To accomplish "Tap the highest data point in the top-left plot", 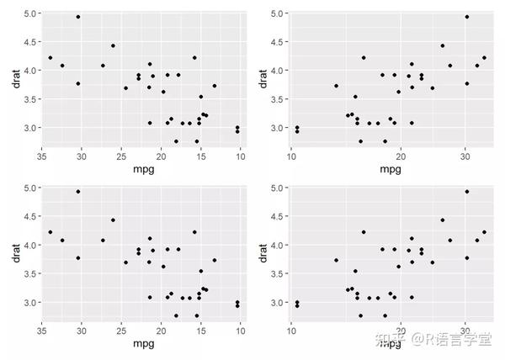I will pos(78,17).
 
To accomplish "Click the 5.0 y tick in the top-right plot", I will pos(275,13).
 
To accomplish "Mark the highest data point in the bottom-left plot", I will pos(78,192).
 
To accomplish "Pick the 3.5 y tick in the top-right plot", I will pos(275,98).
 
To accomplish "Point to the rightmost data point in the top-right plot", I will pos(484,58).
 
